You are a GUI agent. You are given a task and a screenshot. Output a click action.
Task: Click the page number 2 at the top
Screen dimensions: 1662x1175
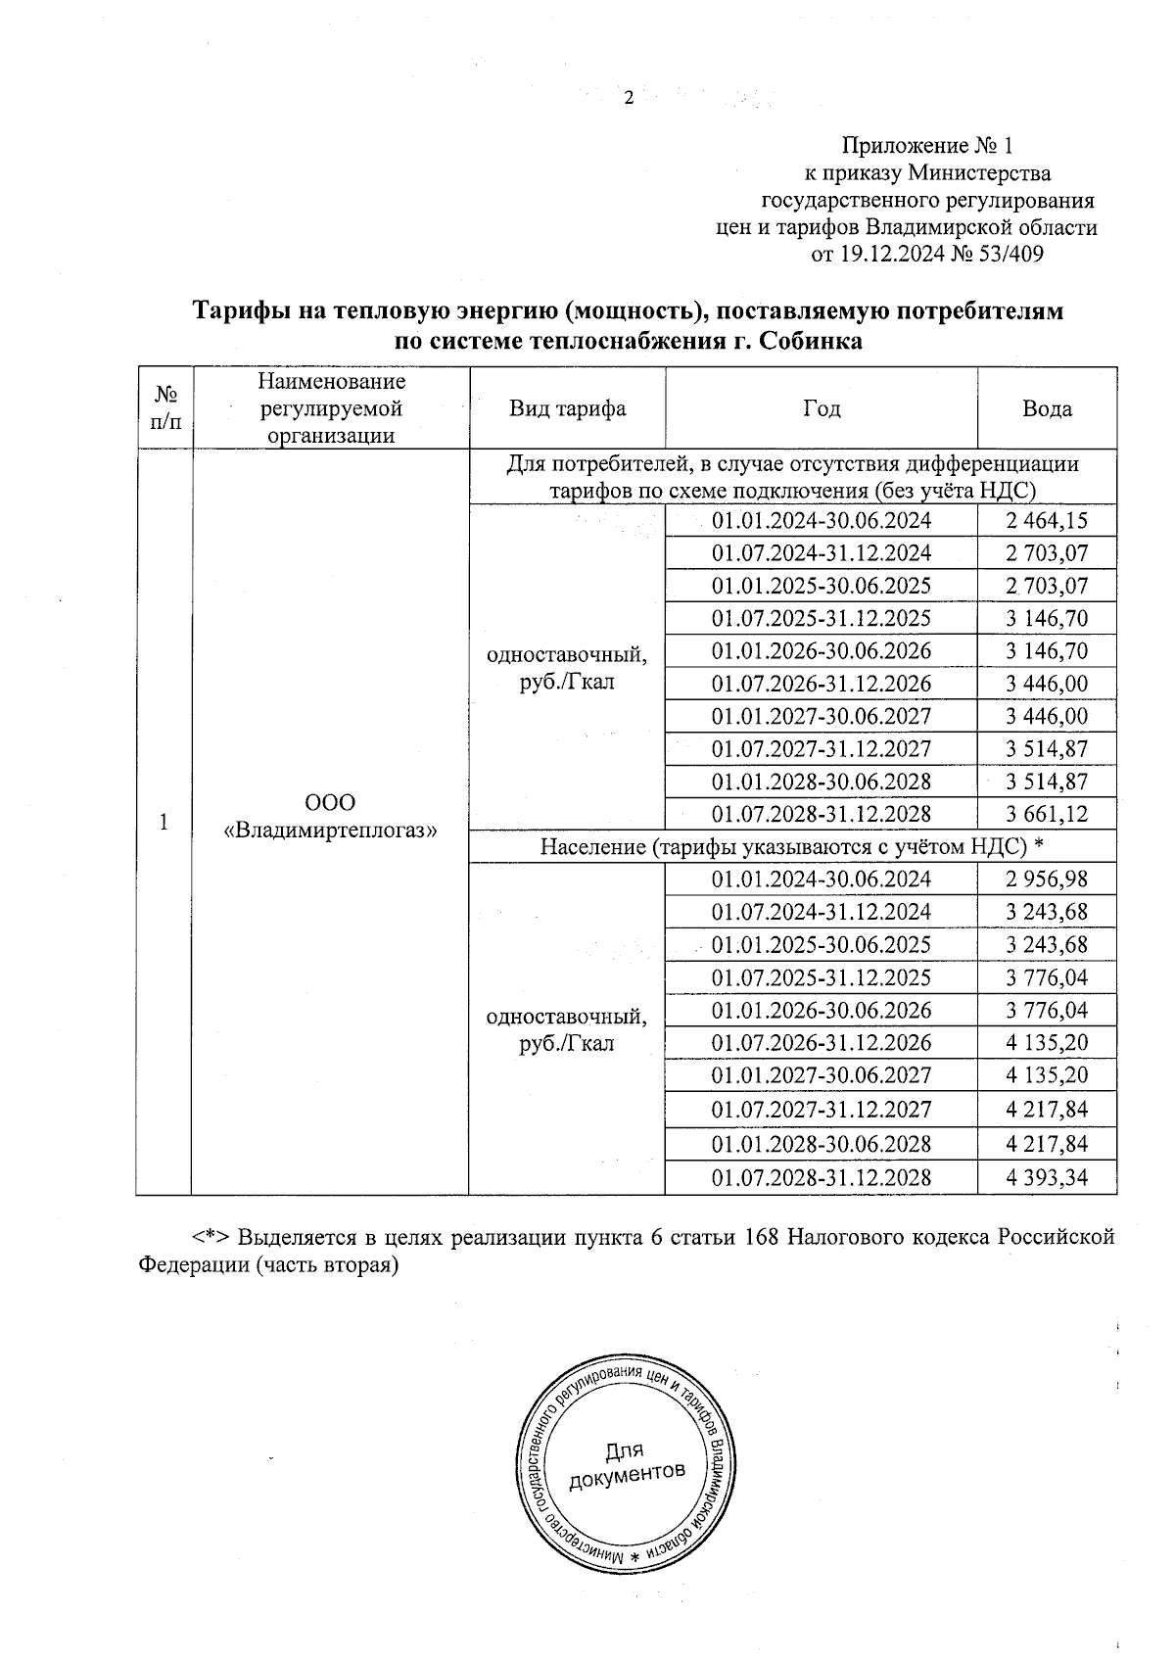click(x=629, y=98)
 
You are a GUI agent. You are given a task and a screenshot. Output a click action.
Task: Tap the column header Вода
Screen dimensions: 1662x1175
click(x=1047, y=408)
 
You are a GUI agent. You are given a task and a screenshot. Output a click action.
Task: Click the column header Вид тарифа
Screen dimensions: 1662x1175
click(x=567, y=408)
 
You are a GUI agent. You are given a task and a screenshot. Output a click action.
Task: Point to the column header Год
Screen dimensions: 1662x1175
click(x=822, y=408)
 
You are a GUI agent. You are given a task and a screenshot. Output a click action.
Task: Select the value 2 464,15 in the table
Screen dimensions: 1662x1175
click(x=1047, y=521)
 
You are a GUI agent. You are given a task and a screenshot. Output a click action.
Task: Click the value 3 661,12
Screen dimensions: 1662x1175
click(x=1047, y=814)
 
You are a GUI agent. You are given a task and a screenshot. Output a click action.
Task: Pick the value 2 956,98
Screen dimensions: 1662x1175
click(x=1047, y=879)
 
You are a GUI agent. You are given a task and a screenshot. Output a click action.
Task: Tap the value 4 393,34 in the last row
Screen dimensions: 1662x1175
click(x=1047, y=1177)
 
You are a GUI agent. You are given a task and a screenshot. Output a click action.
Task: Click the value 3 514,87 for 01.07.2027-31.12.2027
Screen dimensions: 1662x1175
click(x=1047, y=749)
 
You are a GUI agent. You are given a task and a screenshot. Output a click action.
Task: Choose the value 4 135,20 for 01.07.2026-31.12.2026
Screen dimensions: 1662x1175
click(x=1047, y=1043)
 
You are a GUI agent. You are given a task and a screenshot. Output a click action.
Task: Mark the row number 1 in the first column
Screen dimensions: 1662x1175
click(x=164, y=822)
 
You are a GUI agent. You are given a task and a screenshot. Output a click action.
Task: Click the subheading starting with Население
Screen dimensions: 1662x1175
click(x=791, y=846)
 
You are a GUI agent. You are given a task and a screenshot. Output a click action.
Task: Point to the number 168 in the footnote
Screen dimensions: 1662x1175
click(x=762, y=1236)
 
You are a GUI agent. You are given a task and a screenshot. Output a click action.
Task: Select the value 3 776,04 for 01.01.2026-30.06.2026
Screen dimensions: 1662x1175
click(x=1047, y=1010)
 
